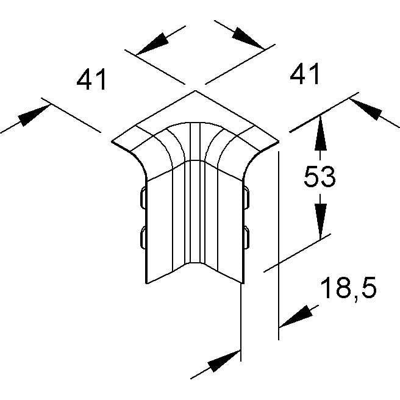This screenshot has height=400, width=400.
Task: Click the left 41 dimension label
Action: point(91,79)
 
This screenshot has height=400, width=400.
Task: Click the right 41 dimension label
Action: point(304,74)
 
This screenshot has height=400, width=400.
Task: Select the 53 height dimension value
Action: point(320,176)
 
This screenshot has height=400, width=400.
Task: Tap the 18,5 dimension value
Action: point(348,288)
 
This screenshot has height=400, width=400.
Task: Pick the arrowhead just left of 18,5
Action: point(296,316)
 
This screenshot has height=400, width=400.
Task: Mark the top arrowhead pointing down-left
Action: point(152,44)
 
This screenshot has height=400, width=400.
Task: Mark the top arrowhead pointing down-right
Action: point(248,38)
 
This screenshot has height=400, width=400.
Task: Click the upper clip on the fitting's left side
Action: point(143,198)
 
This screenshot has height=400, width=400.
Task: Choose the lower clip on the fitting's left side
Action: point(143,237)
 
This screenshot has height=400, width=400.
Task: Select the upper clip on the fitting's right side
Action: point(246,198)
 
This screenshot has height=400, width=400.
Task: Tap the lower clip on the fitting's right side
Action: point(246,237)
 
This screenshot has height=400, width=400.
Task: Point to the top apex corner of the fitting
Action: point(195,90)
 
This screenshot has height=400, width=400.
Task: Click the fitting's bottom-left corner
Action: point(146,283)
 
